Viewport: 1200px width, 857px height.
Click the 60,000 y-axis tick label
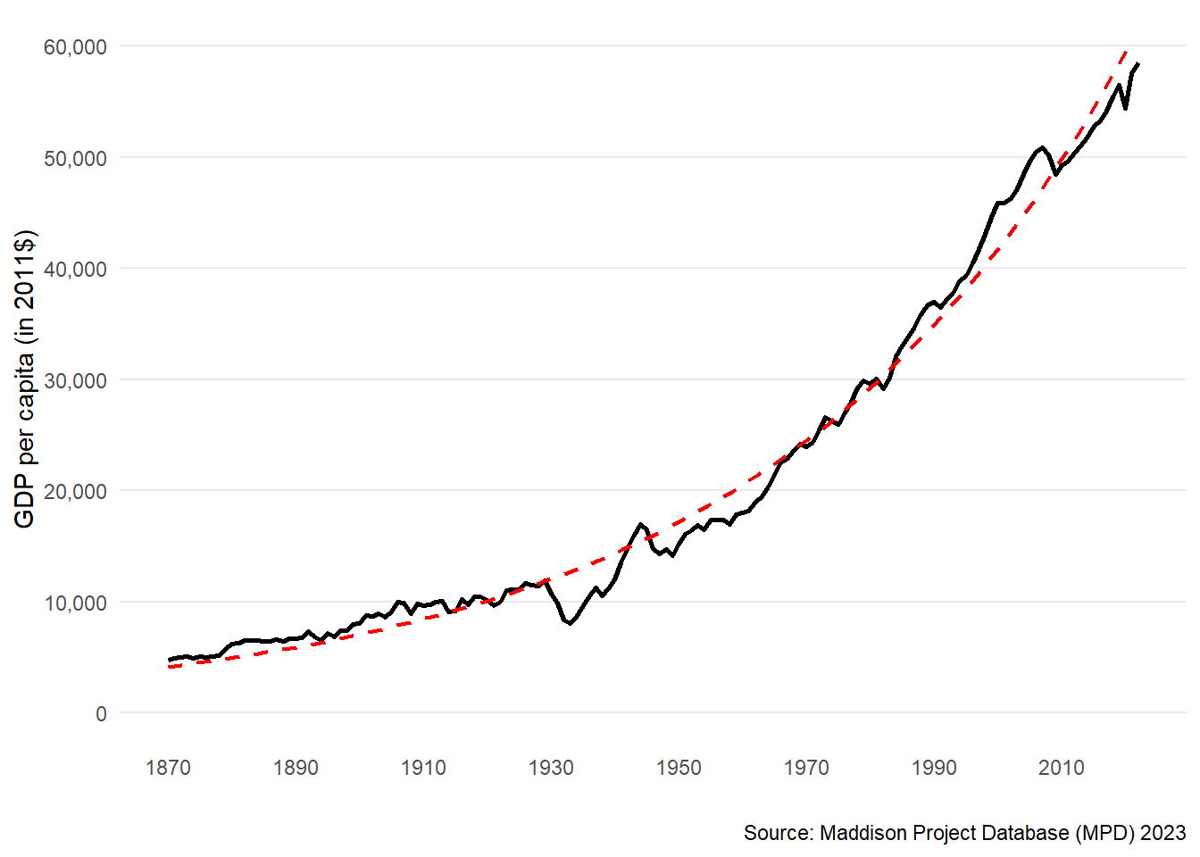pos(75,46)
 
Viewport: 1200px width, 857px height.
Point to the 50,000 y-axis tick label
pos(75,158)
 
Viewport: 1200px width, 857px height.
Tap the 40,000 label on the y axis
pos(75,269)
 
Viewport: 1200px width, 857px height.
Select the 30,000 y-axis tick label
pos(75,380)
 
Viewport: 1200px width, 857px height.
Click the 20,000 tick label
pos(75,491)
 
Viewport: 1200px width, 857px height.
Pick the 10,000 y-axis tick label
pos(75,603)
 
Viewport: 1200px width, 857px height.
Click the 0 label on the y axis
pos(101,713)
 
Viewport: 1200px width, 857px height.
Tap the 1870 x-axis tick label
pos(168,768)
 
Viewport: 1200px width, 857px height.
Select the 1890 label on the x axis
pos(296,768)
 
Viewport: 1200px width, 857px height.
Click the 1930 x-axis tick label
pos(551,768)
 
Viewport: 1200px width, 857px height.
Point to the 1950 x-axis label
pos(679,768)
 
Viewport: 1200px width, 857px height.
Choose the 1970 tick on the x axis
pos(806,768)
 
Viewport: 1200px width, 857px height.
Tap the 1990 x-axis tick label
pos(934,768)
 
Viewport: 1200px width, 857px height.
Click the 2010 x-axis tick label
pos(1061,768)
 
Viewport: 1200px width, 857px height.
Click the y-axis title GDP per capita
pos(25,379)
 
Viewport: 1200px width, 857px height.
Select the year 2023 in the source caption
pos(1163,833)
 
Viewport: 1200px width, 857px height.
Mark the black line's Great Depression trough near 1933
pos(570,623)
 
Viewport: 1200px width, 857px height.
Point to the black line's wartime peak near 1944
pos(640,524)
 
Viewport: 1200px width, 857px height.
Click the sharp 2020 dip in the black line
pos(1126,108)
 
